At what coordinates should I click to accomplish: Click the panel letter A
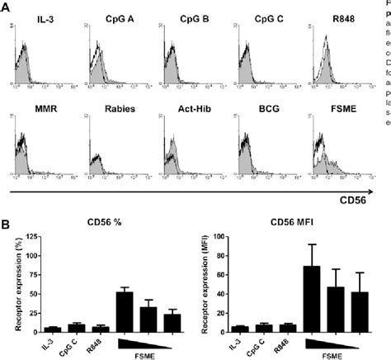coord(7,7)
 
